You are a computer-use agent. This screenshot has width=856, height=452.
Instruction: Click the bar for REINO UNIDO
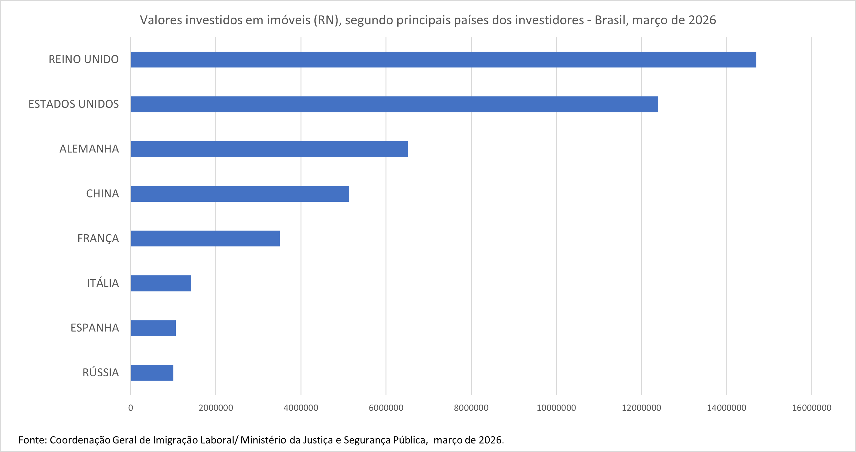(x=443, y=60)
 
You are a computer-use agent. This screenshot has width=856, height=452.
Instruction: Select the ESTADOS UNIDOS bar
(x=394, y=104)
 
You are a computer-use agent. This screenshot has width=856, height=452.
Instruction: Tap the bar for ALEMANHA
(x=269, y=149)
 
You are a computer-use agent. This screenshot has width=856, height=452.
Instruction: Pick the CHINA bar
(x=240, y=193)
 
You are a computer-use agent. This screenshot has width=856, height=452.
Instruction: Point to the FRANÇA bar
(x=206, y=238)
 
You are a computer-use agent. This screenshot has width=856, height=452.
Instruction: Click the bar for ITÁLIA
(x=161, y=283)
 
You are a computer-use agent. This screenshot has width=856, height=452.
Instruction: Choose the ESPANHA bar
(x=153, y=328)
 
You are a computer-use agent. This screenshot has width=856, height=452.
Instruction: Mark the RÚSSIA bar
(x=152, y=372)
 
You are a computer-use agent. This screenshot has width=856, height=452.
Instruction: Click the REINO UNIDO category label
(x=84, y=60)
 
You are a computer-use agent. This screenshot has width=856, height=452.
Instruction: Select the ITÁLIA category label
(x=103, y=283)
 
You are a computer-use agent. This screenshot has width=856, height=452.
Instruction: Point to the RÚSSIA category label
(x=100, y=372)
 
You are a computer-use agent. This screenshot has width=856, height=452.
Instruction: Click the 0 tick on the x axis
(x=131, y=408)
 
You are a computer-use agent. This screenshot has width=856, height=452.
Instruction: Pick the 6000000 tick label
(x=386, y=408)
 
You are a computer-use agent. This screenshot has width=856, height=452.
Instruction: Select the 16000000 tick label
(x=811, y=408)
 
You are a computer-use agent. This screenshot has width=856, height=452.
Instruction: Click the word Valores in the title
(x=161, y=20)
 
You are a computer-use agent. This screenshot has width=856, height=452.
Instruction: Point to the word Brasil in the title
(x=610, y=20)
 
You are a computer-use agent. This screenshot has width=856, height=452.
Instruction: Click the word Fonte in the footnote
(x=32, y=440)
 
